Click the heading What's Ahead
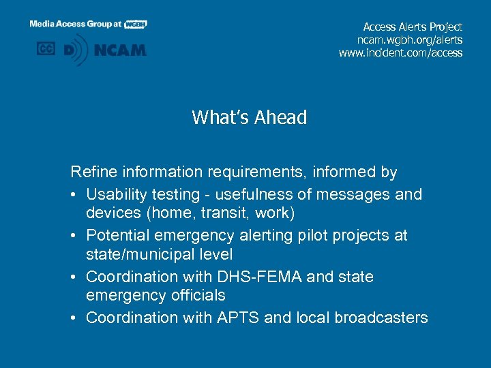click(x=249, y=118)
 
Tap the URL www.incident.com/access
click(x=400, y=52)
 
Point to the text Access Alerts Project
click(x=413, y=27)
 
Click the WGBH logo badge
click(x=136, y=24)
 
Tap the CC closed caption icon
click(x=46, y=49)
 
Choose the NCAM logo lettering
click(x=120, y=50)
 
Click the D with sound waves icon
click(x=76, y=50)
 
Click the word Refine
click(x=92, y=172)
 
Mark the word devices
click(x=110, y=213)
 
